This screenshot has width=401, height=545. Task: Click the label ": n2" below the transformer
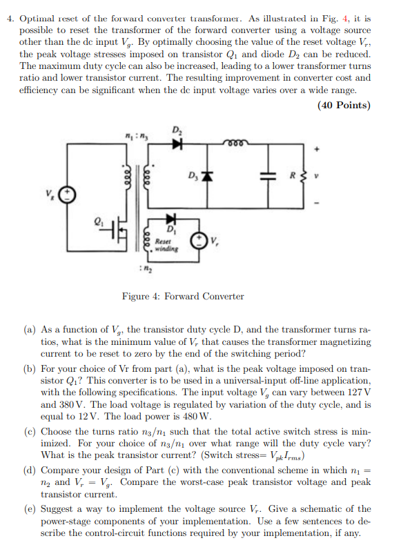click(149, 268)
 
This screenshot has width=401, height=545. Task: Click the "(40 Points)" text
click(344, 106)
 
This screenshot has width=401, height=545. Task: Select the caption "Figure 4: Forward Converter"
click(183, 297)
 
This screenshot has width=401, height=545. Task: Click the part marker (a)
click(32, 330)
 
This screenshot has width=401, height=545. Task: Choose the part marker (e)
click(32, 508)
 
